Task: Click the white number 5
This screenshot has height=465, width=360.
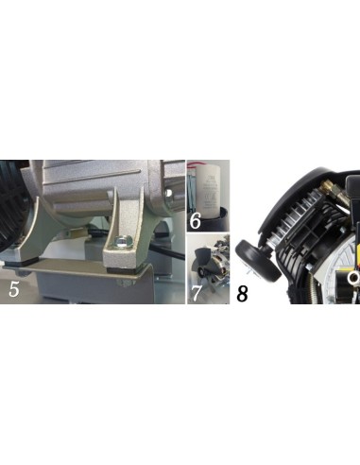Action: [14, 289]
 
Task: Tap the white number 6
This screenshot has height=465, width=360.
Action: [196, 221]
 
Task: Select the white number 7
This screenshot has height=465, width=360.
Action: [196, 293]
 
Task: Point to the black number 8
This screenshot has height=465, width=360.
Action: [242, 294]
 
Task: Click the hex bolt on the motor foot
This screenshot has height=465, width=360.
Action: [121, 241]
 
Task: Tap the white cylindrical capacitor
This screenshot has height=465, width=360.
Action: [208, 191]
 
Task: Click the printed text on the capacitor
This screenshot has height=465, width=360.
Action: [209, 189]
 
